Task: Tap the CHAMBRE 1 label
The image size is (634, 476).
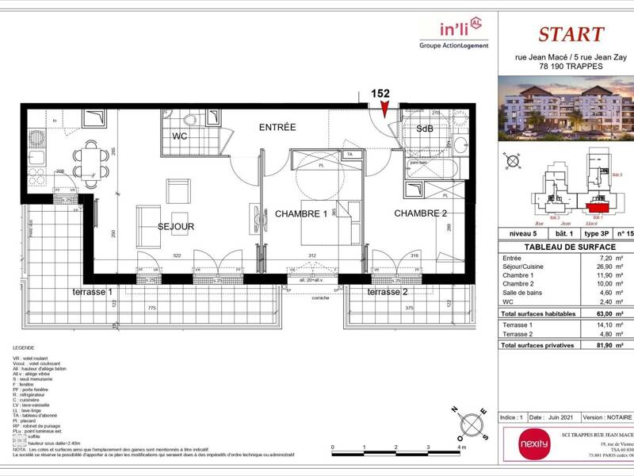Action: [x=301, y=213]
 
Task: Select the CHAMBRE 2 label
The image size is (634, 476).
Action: [x=421, y=213]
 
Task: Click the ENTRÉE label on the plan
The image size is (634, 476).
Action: [x=277, y=127]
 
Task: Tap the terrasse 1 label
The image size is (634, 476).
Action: [x=94, y=292]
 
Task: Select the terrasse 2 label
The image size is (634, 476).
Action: [x=388, y=292]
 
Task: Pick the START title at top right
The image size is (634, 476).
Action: [x=571, y=34]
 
